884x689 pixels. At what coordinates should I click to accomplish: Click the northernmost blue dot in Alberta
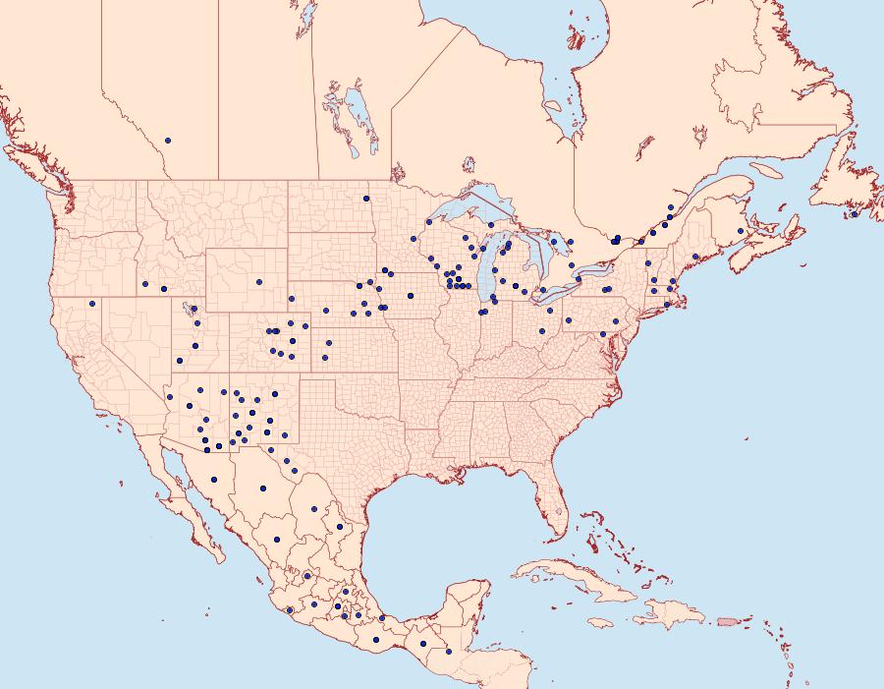pyautogui.click(x=168, y=141)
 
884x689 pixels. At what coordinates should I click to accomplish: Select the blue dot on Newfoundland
pyautogui.click(x=855, y=214)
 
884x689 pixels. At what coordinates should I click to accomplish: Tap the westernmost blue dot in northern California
pyautogui.click(x=91, y=303)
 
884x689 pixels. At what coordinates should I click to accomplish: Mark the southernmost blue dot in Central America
pyautogui.click(x=449, y=652)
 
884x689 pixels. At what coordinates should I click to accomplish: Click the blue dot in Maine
pyautogui.click(x=695, y=257)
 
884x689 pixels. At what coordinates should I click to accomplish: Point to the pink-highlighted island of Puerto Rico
pyautogui.click(x=727, y=620)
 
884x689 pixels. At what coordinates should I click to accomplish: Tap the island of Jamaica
pyautogui.click(x=600, y=622)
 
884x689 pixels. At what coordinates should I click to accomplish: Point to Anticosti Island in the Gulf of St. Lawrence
pyautogui.click(x=768, y=169)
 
